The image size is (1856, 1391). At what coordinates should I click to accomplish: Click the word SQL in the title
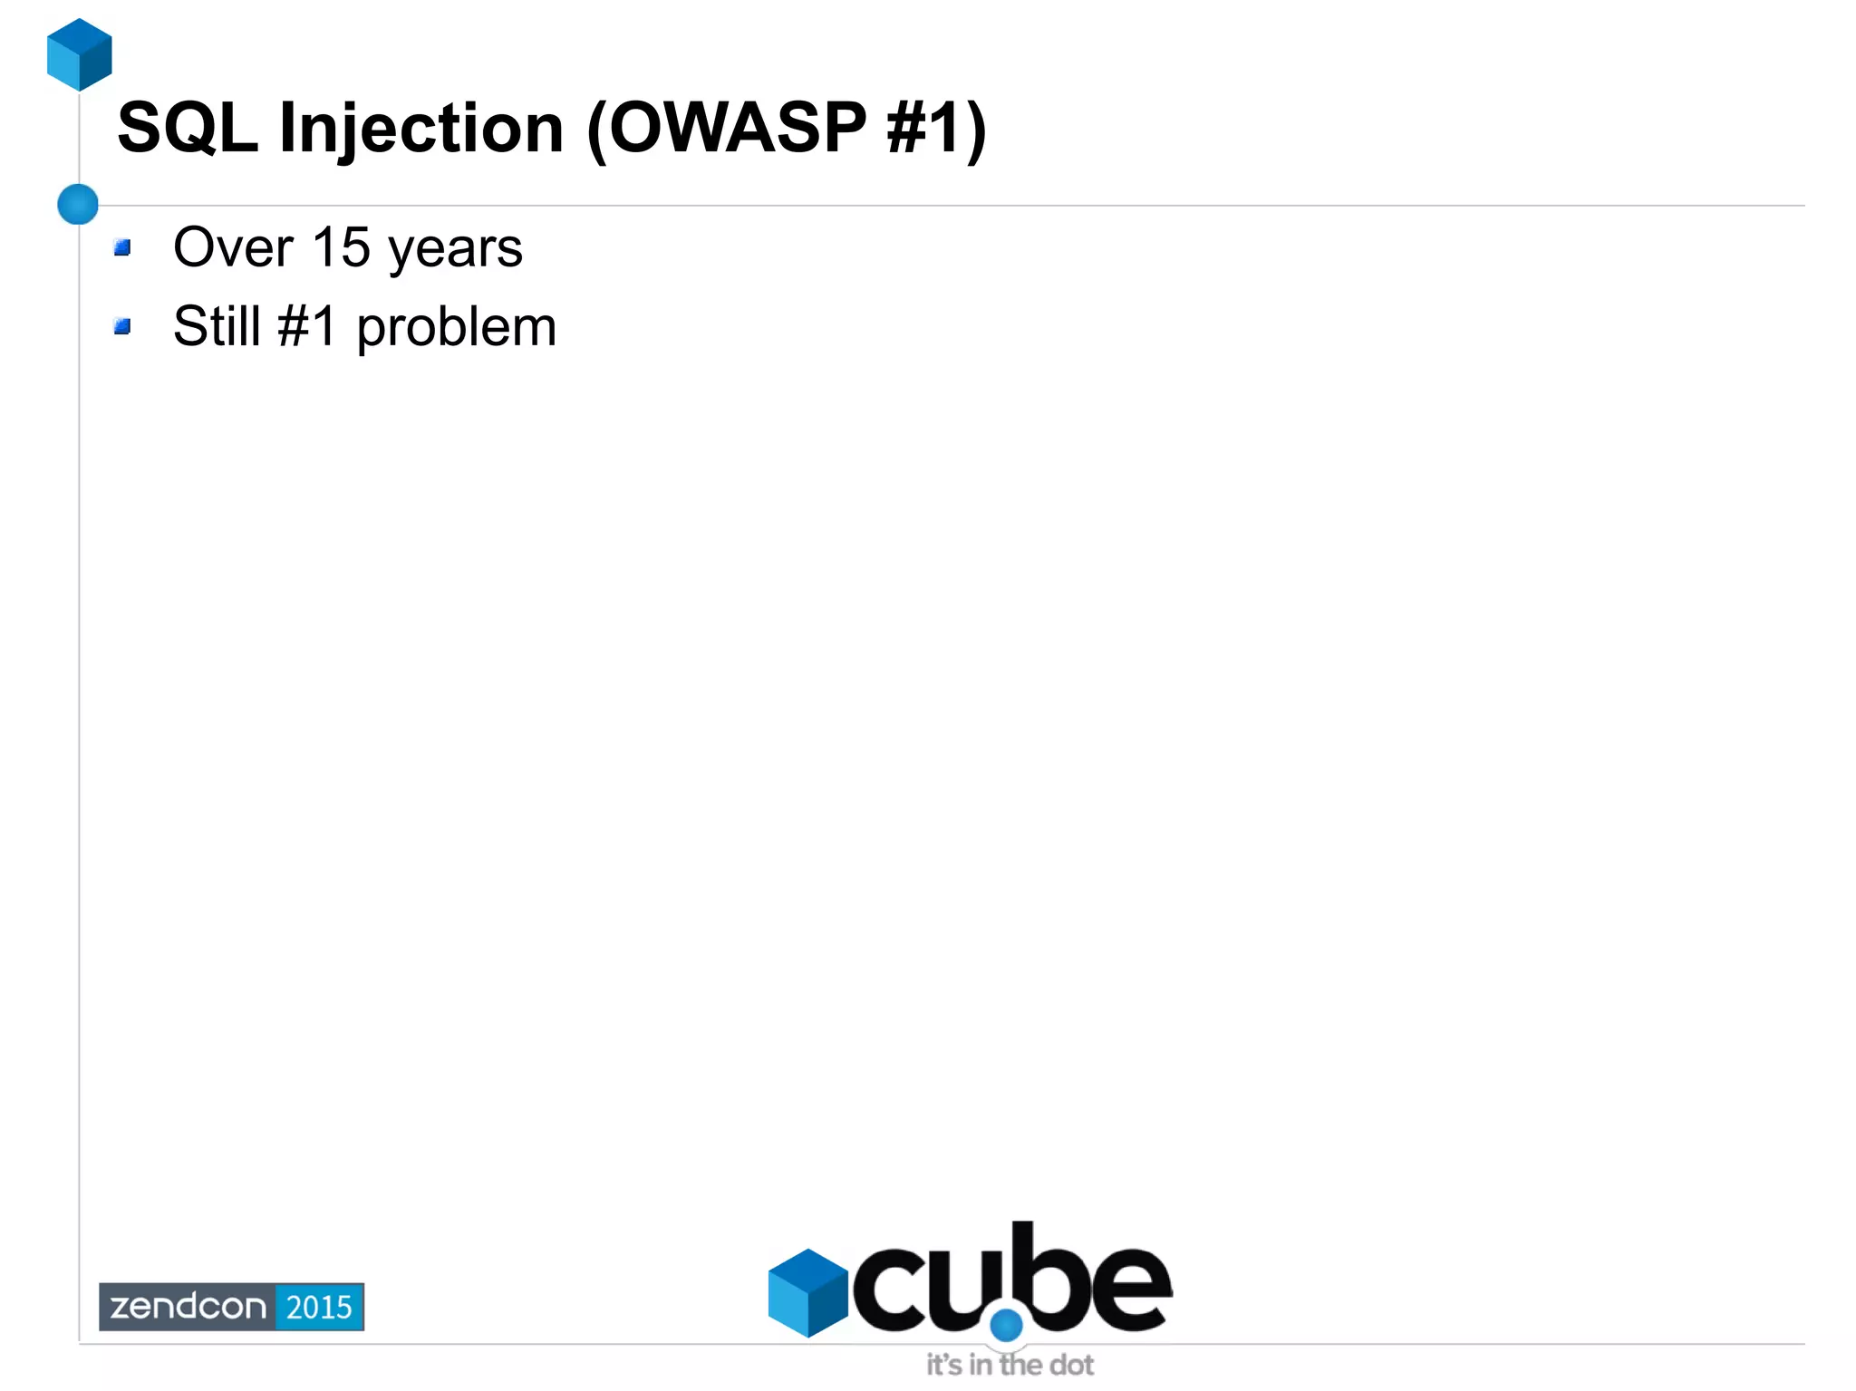188,129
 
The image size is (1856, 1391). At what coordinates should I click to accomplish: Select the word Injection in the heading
421,129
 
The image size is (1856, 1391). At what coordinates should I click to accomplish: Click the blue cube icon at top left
80,54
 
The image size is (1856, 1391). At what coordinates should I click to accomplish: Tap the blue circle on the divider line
78,204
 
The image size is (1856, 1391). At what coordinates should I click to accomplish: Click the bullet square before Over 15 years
122,247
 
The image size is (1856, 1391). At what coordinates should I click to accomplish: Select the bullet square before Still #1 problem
122,326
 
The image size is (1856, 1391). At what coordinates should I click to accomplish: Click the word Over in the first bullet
233,247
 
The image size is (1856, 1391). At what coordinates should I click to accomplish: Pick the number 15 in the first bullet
341,247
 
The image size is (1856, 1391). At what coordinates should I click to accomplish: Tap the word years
455,249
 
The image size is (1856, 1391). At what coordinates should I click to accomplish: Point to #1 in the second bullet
307,326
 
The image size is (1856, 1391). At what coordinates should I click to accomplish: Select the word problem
456,328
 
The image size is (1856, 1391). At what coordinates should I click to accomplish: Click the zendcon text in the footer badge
188,1307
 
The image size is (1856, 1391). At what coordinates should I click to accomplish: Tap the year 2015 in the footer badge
319,1307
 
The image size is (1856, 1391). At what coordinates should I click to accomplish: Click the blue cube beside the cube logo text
807,1292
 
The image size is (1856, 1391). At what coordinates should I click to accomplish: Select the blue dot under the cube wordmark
1006,1326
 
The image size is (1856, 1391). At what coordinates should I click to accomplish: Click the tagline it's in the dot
1010,1365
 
